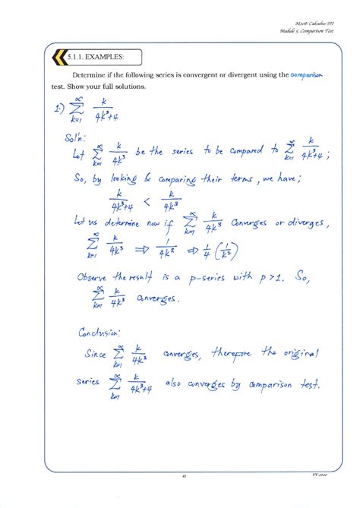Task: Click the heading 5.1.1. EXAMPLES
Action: tap(94, 57)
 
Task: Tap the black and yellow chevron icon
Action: tap(58, 57)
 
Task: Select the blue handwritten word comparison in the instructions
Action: tap(308, 75)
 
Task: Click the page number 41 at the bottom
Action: tap(184, 476)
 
